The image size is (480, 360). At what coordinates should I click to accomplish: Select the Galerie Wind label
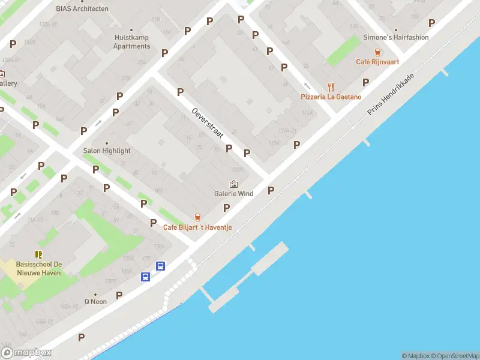click(233, 193)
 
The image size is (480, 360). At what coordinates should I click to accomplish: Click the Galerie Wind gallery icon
click(233, 184)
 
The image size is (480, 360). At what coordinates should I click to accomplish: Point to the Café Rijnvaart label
click(377, 61)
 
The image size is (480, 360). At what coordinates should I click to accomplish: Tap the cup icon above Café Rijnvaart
click(377, 52)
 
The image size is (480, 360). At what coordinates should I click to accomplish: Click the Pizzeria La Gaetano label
click(331, 97)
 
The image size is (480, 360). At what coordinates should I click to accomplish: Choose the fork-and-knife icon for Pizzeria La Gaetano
click(331, 87)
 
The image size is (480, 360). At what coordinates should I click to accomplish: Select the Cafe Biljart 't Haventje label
click(197, 227)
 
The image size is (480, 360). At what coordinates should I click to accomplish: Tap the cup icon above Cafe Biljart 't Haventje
click(197, 217)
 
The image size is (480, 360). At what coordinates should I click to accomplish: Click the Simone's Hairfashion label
click(396, 37)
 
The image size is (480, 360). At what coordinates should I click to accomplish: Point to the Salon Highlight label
click(107, 151)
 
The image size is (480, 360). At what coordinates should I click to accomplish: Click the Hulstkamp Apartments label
click(131, 42)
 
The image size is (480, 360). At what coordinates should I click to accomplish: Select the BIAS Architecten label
click(82, 8)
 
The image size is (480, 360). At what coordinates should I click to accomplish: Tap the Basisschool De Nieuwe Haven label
click(39, 268)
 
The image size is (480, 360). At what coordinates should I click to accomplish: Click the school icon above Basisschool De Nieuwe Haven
click(39, 254)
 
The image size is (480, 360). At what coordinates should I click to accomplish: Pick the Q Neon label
click(95, 301)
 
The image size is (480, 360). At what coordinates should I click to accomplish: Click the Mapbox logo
click(26, 353)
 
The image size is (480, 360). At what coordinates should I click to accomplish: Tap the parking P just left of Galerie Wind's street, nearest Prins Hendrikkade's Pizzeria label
click(296, 145)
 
